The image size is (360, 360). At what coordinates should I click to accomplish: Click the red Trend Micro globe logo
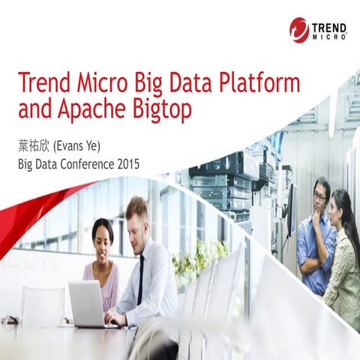tap(299, 30)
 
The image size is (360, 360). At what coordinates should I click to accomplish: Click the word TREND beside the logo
tap(330, 25)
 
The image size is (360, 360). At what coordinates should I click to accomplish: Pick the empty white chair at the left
tap(42, 304)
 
